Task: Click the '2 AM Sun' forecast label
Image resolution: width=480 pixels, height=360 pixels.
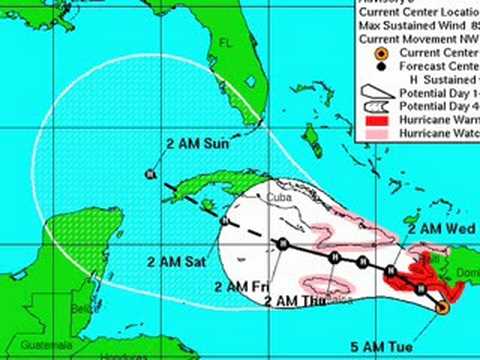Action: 199,144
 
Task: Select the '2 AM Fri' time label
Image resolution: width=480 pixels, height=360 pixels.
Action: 236,287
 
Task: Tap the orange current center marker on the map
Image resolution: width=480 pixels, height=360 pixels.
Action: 442,307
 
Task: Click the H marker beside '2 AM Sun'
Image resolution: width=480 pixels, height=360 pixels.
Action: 149,173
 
